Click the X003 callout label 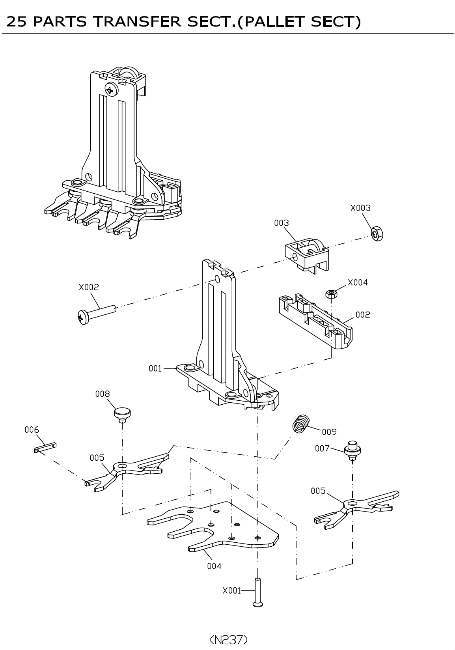click(360, 208)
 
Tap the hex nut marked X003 click(378, 234)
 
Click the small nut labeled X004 click(331, 293)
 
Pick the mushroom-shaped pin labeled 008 click(122, 414)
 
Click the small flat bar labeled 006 click(45, 447)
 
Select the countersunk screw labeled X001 click(257, 592)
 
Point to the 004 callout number click(214, 566)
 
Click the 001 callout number click(155, 368)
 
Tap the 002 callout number click(363, 315)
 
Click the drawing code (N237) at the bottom click(228, 639)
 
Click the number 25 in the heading click(17, 22)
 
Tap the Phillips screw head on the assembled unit click(112, 90)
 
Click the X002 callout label click(89, 287)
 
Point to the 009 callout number click(329, 432)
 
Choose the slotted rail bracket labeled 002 click(315, 319)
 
